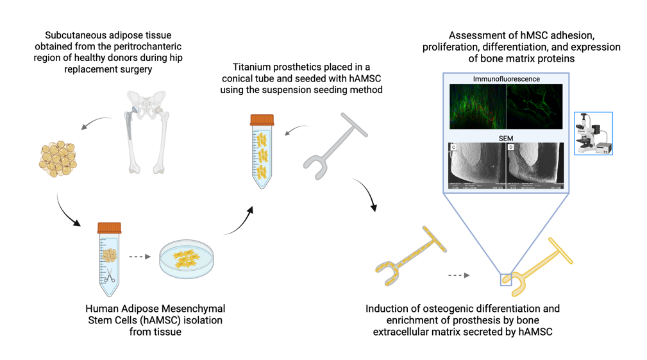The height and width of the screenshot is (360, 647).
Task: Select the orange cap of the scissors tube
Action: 109,228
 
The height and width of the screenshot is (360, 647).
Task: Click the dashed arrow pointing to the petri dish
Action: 140,257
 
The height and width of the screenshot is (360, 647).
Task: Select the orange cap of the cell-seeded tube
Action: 262,120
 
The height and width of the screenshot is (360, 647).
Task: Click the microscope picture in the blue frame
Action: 594,133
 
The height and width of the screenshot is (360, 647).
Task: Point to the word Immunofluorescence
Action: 506,79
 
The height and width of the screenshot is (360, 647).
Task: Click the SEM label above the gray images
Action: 506,138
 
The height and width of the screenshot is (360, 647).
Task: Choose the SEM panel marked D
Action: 534,166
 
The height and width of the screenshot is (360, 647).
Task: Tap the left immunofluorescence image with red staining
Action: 478,107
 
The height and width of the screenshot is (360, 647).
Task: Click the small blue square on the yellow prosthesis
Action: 506,279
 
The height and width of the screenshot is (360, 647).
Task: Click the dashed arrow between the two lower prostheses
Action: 458,275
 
